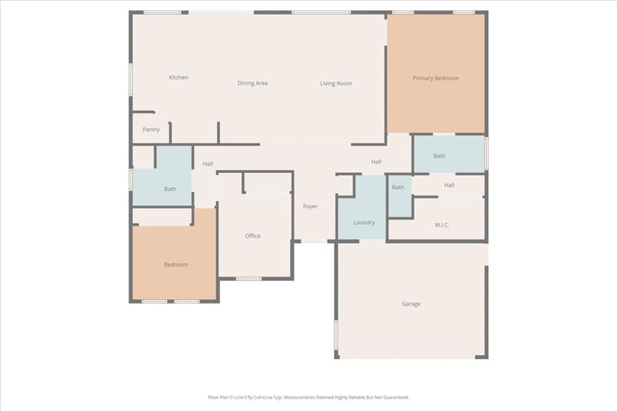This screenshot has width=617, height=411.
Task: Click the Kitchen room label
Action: point(178,78)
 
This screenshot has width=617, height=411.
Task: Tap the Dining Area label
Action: point(252,83)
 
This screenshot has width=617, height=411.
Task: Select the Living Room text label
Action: point(336,83)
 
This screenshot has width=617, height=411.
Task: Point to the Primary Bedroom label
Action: point(436,78)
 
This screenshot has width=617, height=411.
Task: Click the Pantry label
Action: point(151,129)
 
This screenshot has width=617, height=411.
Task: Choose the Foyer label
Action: point(310,206)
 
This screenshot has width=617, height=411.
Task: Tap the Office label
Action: point(252,236)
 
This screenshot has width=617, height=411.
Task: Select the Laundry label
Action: point(364,223)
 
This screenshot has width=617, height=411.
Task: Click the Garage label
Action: point(411,304)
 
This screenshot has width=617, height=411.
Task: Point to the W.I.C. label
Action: point(442,224)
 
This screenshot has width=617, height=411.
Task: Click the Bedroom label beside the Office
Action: point(176,264)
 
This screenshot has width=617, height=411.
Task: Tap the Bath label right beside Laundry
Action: point(398,187)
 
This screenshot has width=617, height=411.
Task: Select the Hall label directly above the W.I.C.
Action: point(449,185)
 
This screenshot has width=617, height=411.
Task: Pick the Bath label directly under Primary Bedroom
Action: point(439,156)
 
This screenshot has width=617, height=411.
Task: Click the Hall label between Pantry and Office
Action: point(208,164)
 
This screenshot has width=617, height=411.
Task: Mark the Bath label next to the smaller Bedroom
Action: point(170,189)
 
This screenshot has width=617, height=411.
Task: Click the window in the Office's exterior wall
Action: point(249,279)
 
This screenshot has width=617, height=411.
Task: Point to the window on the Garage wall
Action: point(336,335)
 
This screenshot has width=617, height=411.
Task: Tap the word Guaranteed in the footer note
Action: point(396,397)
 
